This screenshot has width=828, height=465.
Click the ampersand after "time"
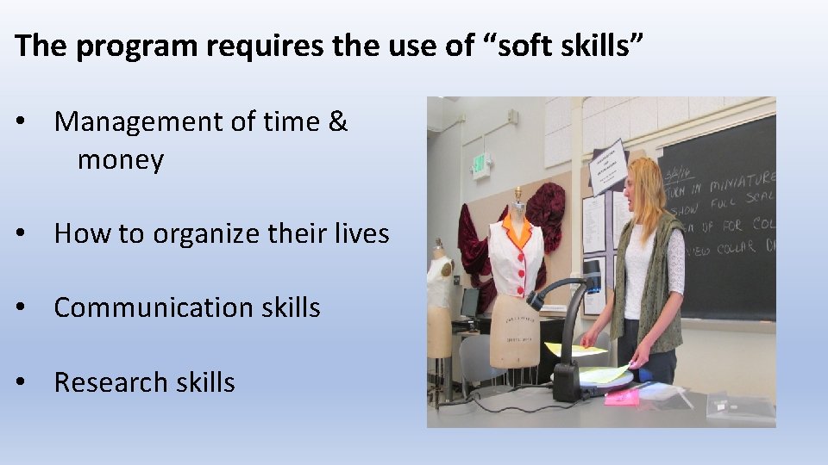(338, 123)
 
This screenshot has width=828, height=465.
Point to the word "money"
(121, 160)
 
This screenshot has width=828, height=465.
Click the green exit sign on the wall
(479, 164)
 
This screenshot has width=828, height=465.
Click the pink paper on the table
(622, 396)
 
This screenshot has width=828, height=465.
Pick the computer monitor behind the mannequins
(469, 303)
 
